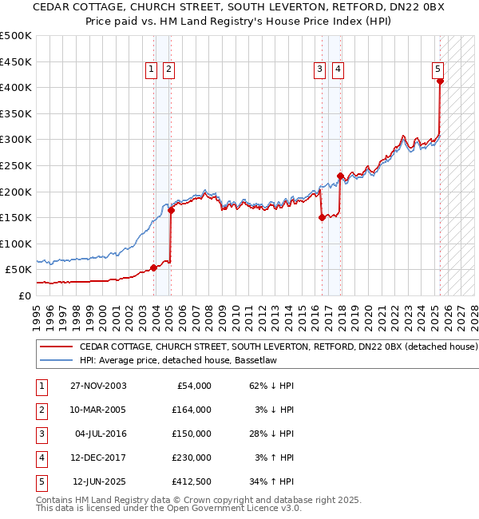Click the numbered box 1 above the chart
151,70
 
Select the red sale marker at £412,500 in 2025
440,81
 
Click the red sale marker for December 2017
340,176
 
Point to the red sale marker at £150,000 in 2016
322,217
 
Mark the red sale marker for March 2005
171,210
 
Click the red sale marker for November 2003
154,267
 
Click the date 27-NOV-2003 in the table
97,386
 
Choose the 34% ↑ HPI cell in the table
272,481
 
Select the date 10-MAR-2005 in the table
97,410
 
